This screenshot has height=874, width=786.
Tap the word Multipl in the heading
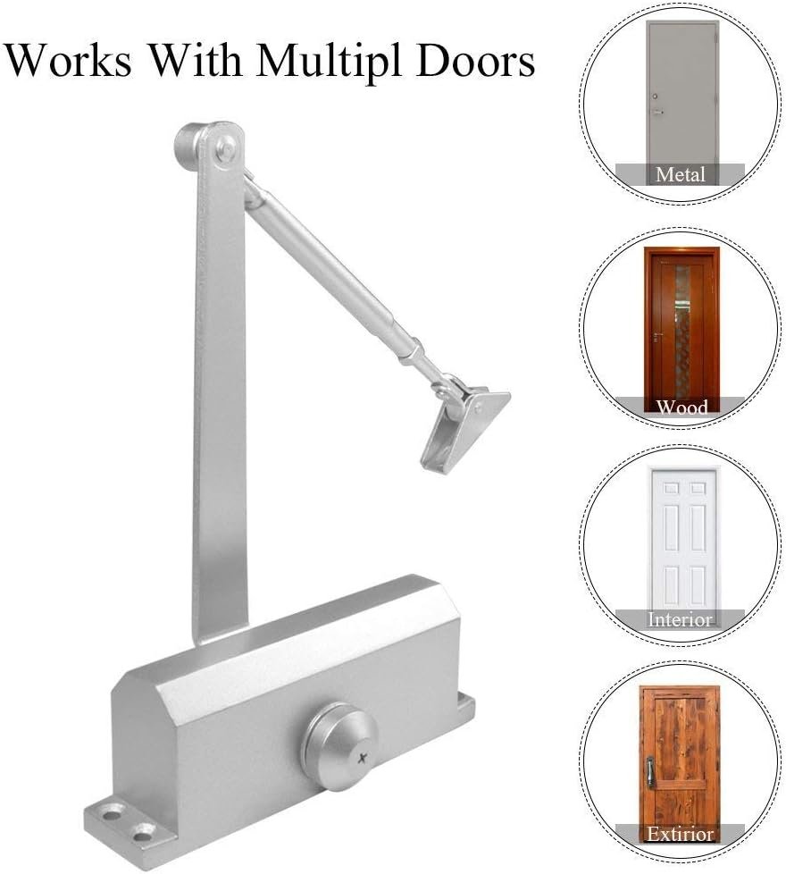329,63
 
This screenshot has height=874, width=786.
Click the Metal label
680,174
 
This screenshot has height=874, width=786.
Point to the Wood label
681,407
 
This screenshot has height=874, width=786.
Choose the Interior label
680,619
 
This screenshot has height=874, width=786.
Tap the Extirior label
680,834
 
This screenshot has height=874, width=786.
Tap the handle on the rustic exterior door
649,771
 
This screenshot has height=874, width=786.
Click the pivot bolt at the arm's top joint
225,148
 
